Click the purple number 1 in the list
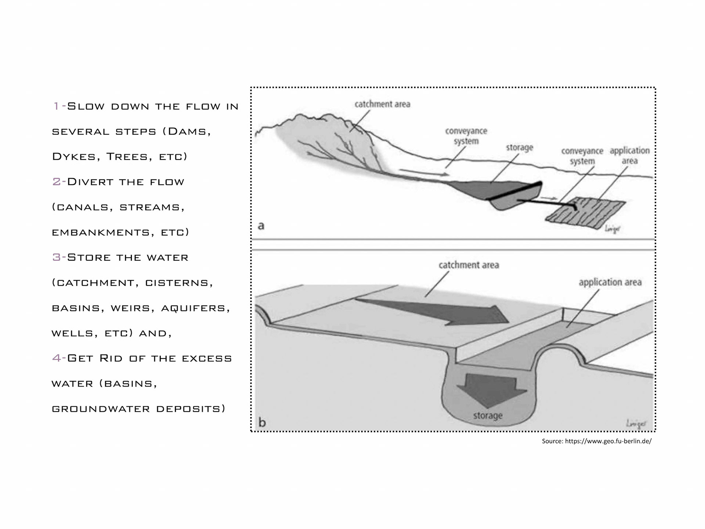56,106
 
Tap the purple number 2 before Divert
57,181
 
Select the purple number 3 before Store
57,257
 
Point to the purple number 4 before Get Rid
57,358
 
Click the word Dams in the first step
187,131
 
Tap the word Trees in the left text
127,156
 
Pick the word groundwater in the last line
100,409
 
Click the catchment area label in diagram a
382,104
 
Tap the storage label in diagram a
519,148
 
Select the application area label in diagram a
629,155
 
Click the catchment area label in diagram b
469,265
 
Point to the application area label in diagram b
610,282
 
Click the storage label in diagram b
488,415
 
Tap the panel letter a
261,225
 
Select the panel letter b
262,422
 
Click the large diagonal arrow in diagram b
441,312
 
